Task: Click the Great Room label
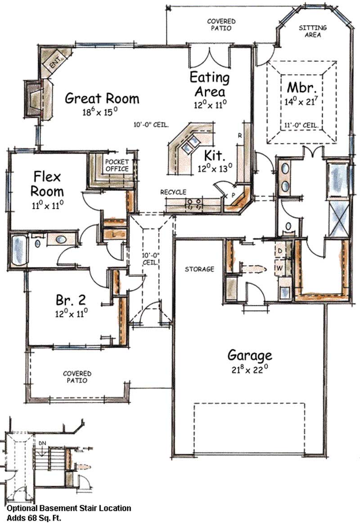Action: point(102,98)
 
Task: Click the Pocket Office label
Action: point(117,165)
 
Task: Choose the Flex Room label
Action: point(47,183)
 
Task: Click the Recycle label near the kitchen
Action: point(173,192)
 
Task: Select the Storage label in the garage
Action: point(199,269)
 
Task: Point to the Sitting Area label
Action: point(313,31)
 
